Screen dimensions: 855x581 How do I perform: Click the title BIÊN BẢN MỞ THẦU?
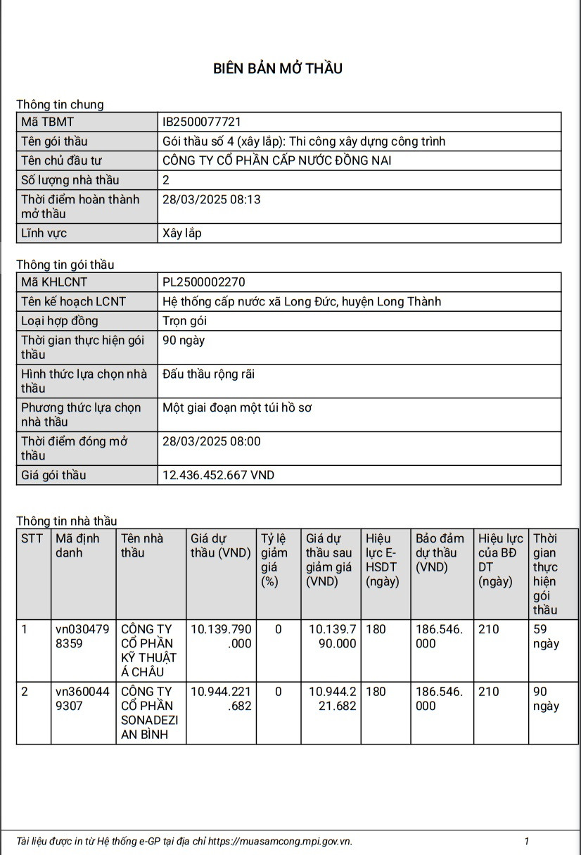coord(278,68)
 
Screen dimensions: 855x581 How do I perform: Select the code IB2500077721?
coord(202,122)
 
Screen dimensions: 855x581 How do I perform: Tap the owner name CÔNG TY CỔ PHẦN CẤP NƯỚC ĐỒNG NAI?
coord(276,160)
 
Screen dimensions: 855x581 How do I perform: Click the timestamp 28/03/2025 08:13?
coord(211,199)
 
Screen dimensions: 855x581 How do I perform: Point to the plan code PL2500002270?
coord(204,282)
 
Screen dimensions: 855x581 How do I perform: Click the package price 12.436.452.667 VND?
coord(218,475)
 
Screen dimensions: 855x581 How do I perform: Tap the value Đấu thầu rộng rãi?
coord(208,374)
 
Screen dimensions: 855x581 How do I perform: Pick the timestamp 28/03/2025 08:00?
coord(211,441)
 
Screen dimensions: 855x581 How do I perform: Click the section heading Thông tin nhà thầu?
coord(67,521)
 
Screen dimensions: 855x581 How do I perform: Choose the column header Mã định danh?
coord(77,545)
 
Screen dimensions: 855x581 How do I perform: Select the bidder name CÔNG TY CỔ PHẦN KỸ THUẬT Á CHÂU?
coord(147,650)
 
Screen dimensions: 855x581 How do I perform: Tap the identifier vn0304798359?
coord(82,636)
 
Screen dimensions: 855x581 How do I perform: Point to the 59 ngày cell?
coord(546,636)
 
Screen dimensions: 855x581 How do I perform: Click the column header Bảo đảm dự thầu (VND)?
coord(440,552)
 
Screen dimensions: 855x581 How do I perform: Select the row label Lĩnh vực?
coord(44,233)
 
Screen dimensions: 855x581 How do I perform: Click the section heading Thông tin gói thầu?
coord(65,265)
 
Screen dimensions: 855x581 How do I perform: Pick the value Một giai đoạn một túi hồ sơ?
coord(237,407)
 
